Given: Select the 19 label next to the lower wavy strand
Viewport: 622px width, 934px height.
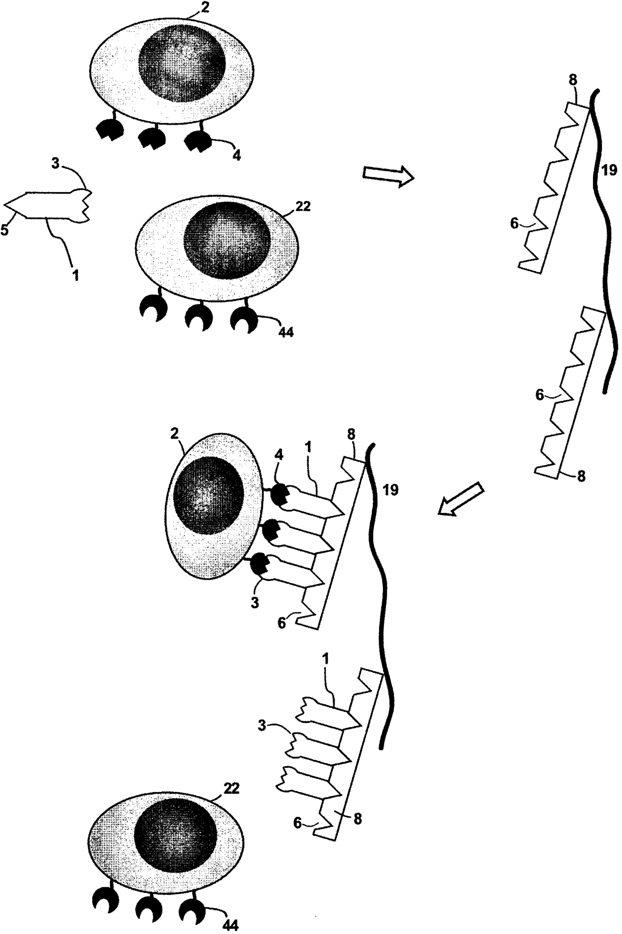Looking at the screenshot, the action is pyautogui.click(x=390, y=490).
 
